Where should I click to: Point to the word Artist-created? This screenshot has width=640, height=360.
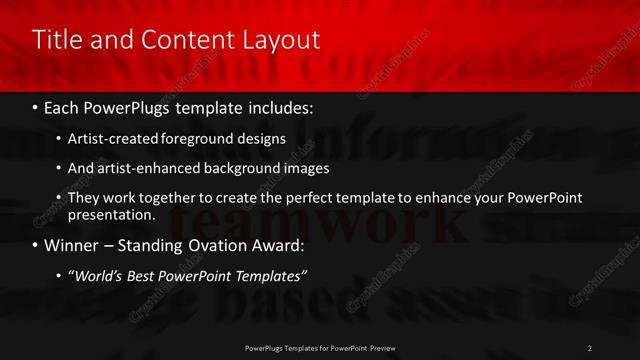pos(110,139)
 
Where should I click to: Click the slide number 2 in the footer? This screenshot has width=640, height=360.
pos(589,347)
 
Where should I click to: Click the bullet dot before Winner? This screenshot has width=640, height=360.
pos(36,245)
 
